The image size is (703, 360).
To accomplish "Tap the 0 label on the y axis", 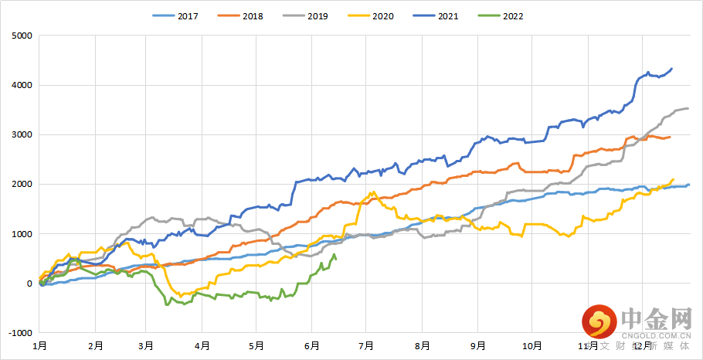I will pyautogui.click(x=30, y=284).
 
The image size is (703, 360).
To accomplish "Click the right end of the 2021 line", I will pyautogui.click(x=672, y=69).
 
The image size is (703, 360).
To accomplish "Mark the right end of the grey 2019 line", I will pyautogui.click(x=688, y=109).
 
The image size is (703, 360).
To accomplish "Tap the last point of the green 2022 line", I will pyautogui.click(x=335, y=258).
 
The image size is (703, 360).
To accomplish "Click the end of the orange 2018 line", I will pyautogui.click(x=670, y=138).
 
